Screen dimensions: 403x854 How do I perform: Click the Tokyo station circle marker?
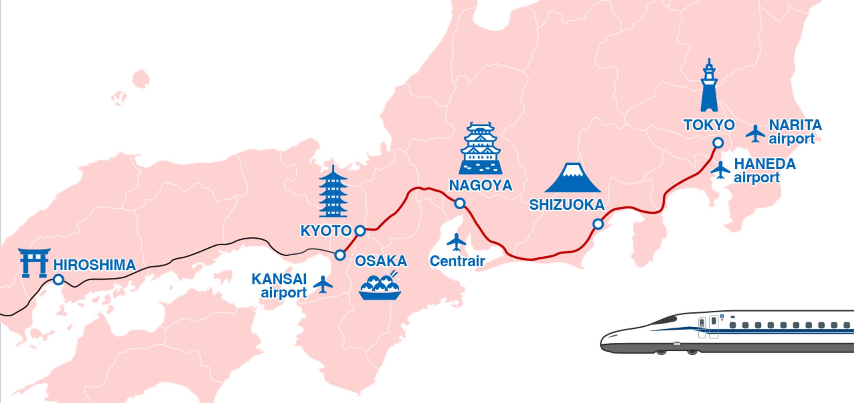[718, 143]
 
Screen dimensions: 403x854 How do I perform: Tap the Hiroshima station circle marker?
[59, 279]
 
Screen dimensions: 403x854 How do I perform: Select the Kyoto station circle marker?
[360, 230]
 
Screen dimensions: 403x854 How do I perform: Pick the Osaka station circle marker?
[340, 255]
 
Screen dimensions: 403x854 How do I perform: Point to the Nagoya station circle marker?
[460, 203]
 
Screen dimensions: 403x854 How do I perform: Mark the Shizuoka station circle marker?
[598, 224]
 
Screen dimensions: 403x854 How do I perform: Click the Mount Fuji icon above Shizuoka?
[573, 178]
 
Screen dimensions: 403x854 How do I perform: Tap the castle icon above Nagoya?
[481, 149]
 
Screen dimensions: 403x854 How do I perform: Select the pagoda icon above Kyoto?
[333, 192]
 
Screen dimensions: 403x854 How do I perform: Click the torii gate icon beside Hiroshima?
[34, 263]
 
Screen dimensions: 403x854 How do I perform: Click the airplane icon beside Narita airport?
[755, 134]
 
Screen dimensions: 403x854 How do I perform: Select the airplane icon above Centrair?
[456, 242]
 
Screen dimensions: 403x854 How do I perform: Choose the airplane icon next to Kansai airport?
[323, 284]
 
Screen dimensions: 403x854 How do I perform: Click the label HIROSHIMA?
[95, 265]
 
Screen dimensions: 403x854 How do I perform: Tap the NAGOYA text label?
[480, 185]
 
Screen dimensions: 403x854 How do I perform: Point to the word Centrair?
[457, 261]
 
